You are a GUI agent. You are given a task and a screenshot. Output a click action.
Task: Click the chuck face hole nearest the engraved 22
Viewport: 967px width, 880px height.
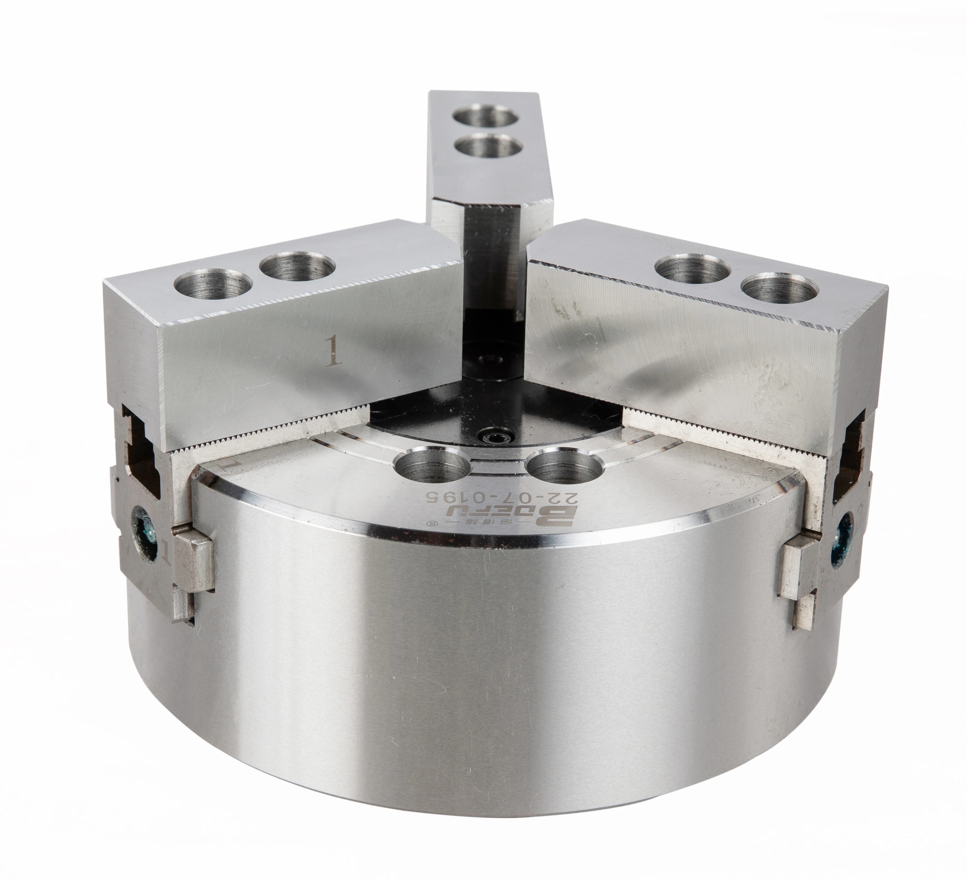pos(561,468)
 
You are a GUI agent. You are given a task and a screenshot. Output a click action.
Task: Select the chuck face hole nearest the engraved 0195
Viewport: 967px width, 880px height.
pos(432,464)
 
